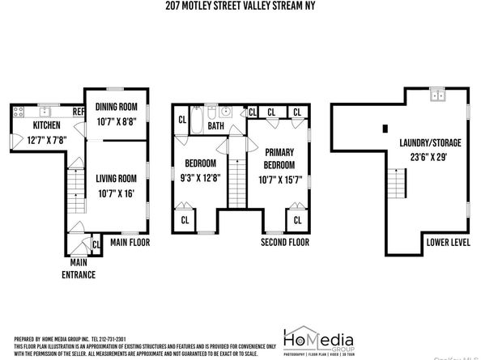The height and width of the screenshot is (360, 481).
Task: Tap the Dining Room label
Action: [x=117, y=107]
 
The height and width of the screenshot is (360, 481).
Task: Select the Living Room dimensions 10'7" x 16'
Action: [x=117, y=193]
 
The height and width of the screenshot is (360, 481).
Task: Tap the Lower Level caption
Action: [x=445, y=242]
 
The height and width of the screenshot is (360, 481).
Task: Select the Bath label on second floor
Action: [x=215, y=126]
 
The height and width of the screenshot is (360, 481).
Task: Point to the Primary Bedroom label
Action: [x=278, y=158]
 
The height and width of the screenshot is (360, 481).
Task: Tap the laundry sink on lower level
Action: [x=438, y=95]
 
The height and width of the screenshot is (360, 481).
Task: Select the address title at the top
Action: [x=240, y=7]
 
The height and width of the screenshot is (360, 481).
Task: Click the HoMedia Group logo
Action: [x=321, y=339]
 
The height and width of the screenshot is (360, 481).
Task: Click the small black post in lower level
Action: [x=383, y=129]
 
